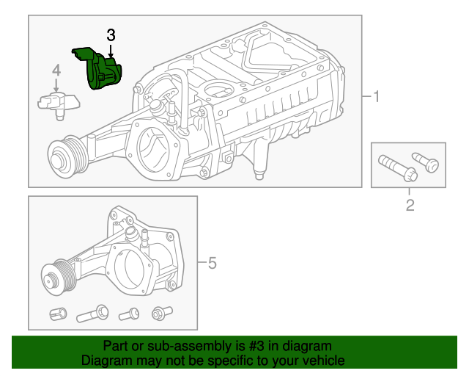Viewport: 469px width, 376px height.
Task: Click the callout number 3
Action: (x=111, y=35)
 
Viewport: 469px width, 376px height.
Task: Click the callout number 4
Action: (x=56, y=70)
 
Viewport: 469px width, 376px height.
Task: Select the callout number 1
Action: (x=376, y=97)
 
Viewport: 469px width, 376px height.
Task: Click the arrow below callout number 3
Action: (x=110, y=49)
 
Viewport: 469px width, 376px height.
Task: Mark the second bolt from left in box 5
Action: (x=89, y=316)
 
